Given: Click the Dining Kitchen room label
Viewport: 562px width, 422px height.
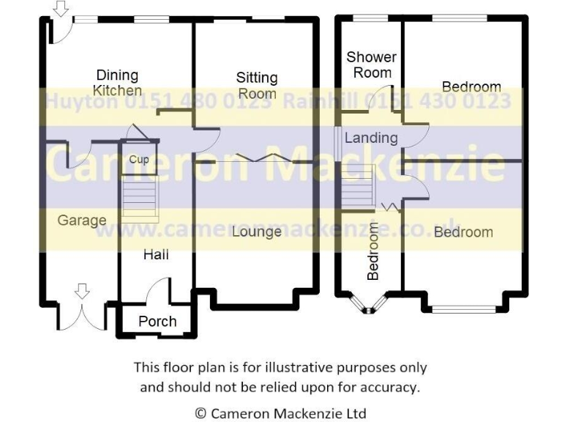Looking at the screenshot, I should [118, 83].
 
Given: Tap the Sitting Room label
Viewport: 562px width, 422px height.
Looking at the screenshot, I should [257, 85].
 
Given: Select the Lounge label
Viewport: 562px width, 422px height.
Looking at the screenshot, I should [257, 232].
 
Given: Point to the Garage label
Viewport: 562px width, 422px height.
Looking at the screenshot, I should [82, 220].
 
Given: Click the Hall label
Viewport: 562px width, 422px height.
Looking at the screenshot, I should [156, 254].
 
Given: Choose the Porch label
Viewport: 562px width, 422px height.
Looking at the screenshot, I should [157, 321].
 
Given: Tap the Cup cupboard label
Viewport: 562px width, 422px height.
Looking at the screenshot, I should [139, 159].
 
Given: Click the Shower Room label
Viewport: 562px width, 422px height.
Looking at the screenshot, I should [372, 64].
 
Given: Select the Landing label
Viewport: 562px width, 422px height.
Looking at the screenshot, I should [371, 138].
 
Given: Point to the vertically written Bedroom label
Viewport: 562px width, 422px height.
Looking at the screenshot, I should [373, 252].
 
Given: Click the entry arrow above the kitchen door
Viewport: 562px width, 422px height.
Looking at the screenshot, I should [61, 9].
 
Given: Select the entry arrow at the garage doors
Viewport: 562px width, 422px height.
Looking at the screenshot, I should [82, 291].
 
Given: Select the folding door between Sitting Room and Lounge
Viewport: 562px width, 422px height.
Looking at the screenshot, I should [255, 158].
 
